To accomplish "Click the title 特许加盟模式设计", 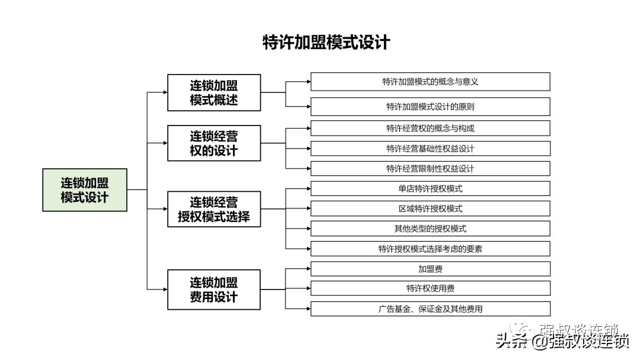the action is [326, 43].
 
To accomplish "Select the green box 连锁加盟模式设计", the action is [85, 190].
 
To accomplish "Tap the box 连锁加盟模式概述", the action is [214, 92].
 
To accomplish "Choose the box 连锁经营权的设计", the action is [214, 143].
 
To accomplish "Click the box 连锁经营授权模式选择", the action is [214, 209].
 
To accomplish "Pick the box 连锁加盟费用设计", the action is [214, 290].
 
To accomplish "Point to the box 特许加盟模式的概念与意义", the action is [430, 82].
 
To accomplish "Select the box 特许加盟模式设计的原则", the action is [430, 107].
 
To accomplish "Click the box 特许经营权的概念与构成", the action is [430, 128].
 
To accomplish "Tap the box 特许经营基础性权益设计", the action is [430, 149].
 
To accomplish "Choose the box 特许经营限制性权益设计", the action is [430, 168].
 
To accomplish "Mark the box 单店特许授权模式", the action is [430, 188].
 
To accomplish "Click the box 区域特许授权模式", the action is [430, 208].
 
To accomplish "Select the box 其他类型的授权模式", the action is [430, 229].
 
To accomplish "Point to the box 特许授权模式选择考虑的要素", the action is [430, 249].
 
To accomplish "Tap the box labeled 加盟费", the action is [430, 269].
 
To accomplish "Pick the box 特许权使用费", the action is [430, 288].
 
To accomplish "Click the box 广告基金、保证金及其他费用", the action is [430, 308].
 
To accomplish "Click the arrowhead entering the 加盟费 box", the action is [309, 269].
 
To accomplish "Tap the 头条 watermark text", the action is [511, 341].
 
